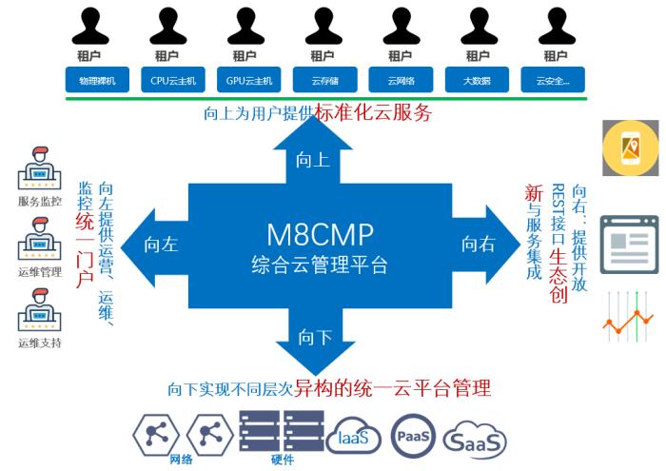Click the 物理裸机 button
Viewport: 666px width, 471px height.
(97, 81)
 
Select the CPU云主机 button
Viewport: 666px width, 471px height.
(173, 81)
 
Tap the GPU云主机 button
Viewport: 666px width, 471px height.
(249, 81)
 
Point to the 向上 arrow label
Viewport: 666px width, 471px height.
(313, 160)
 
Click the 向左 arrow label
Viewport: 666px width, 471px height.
(161, 245)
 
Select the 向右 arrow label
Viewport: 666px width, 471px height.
(479, 245)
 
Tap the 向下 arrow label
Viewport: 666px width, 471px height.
(314, 337)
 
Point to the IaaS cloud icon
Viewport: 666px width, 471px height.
(353, 439)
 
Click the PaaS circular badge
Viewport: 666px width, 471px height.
(413, 436)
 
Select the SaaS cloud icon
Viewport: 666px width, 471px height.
(474, 440)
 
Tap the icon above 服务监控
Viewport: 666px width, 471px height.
(39, 168)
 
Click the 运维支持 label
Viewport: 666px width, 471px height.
(39, 343)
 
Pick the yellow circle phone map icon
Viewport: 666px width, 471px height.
(629, 148)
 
